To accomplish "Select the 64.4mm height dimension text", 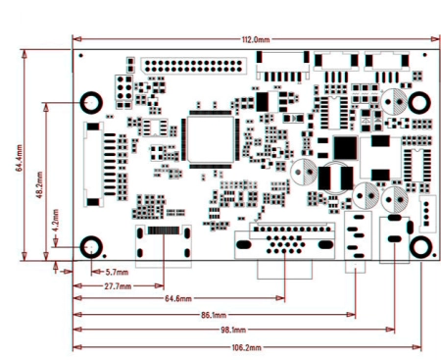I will pos(20,154).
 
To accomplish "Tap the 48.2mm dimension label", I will pos(39,180).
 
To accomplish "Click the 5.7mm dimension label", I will pos(117,271).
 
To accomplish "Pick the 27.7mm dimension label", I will pos(121,285).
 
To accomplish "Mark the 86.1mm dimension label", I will pos(214,315).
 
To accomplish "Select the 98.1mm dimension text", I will pos(233,331).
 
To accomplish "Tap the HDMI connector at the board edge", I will pos(164,243).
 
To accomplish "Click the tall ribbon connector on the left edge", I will pos(95,167).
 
